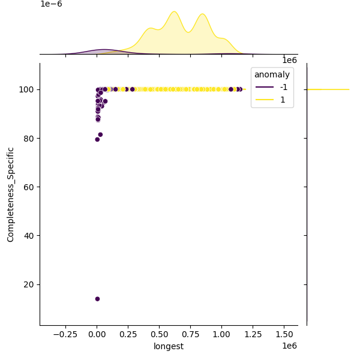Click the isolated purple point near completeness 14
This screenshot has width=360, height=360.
pos(97,299)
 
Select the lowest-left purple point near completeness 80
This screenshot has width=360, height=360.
pos(97,139)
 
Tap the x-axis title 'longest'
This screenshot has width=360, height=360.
pos(169,346)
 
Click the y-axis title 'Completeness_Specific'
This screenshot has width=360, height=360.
pos(11,194)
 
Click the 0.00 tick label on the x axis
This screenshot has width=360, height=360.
pos(97,334)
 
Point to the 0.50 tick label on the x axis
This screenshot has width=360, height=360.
pos(160,334)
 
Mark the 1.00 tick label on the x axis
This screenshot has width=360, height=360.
pos(222,334)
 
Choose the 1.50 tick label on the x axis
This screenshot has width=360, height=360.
pos(284,334)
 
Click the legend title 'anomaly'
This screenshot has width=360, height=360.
pos(272,75)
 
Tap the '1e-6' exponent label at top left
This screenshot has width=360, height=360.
pos(51,4)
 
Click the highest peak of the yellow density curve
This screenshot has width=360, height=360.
pos(174,11)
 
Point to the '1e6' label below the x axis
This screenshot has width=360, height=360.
pos(289,346)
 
